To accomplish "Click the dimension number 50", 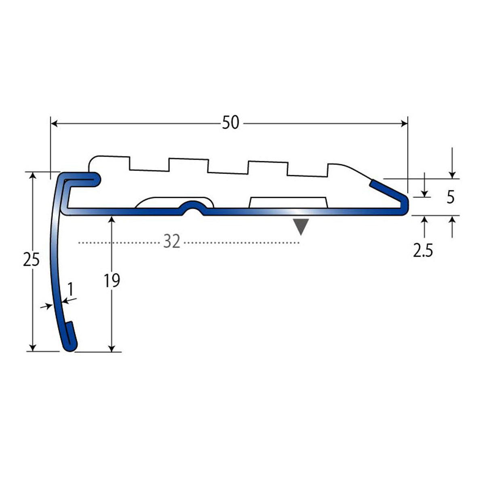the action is coord(230,123).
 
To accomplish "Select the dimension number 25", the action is coord(31,259).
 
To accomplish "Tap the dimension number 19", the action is coord(112,280).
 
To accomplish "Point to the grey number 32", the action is coord(172,241).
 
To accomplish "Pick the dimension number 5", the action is coord(451,197).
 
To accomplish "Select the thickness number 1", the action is coord(71,289).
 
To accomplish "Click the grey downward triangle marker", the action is coord(301,226).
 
